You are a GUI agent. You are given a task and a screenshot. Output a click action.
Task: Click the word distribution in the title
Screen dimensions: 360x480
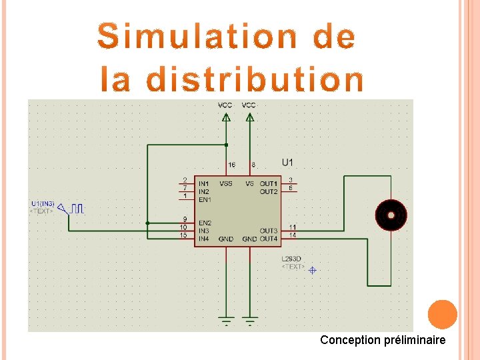coord(255,80)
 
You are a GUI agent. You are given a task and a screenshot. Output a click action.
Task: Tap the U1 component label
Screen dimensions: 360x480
coord(287,162)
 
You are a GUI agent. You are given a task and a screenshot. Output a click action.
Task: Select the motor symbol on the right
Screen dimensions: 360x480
coord(390,215)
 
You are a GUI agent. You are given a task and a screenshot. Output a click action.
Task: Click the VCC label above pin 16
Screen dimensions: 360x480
coord(225,105)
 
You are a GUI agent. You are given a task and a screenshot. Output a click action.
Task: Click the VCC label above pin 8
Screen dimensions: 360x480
coord(249,105)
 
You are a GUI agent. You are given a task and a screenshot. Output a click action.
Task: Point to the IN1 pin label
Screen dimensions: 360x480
coord(203,183)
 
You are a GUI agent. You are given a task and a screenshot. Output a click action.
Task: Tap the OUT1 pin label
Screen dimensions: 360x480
coord(269,183)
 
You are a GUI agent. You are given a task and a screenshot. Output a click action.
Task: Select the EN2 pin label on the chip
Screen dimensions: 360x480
coord(204,223)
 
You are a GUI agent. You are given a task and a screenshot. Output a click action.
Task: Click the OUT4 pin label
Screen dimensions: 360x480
coord(269,239)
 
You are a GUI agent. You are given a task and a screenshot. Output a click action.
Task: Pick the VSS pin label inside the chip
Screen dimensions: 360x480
coord(226,183)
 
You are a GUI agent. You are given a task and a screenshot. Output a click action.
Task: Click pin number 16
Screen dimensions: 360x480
coord(231,164)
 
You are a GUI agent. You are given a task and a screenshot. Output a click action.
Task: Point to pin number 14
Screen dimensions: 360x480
coord(293,235)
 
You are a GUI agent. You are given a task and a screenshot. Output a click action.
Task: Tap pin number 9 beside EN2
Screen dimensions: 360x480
coord(184,219)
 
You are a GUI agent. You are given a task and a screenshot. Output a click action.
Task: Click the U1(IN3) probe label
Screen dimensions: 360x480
coord(43,203)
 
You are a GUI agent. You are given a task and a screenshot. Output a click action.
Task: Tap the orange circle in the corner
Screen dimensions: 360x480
coord(442,315)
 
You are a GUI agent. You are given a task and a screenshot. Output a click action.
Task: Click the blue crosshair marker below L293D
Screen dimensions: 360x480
coord(312,269)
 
